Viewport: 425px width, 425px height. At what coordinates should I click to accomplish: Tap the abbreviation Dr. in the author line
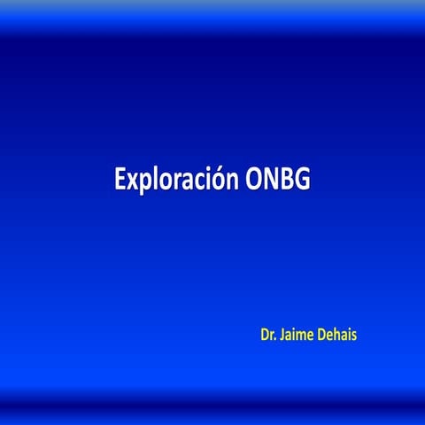click(x=267, y=336)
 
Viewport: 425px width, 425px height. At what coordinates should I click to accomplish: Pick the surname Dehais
click(x=338, y=336)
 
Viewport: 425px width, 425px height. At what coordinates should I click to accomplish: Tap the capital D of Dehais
click(x=321, y=336)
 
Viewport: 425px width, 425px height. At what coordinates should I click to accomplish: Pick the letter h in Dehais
click(x=339, y=336)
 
